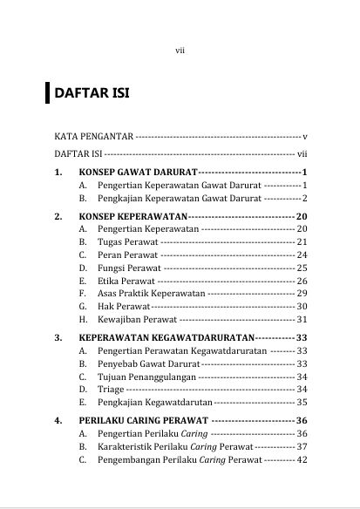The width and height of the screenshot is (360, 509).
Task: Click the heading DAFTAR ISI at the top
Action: (92, 92)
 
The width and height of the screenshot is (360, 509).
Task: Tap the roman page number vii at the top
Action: (180, 51)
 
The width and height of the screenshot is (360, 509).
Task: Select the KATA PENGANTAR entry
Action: (92, 137)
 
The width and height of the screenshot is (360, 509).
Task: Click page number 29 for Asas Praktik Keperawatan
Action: (302, 294)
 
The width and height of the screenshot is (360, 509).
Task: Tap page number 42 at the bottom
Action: (302, 459)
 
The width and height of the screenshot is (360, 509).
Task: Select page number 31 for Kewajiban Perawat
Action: (302, 320)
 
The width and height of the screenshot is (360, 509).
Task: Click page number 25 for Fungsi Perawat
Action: (302, 268)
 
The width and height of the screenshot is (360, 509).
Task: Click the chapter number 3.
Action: (57, 336)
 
